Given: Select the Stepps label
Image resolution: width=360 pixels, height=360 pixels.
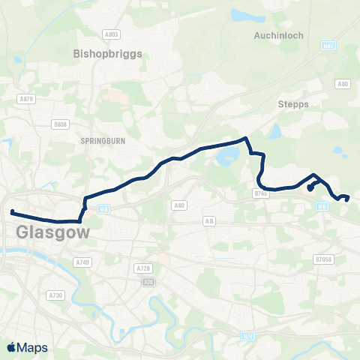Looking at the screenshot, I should (293, 104).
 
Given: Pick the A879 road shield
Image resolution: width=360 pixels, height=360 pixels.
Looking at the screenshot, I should (26, 98).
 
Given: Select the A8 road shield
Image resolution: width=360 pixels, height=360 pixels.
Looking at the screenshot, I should (209, 221).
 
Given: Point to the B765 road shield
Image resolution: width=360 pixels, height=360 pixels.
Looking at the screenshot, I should (261, 193).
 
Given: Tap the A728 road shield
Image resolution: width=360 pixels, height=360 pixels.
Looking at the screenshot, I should (142, 268).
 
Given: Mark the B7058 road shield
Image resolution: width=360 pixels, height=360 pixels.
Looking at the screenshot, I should (323, 259).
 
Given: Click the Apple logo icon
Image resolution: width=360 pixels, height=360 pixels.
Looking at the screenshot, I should (11, 347).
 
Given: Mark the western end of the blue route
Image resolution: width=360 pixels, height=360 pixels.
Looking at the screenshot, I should (12, 212).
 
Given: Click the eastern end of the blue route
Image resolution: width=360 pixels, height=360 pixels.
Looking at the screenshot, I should (348, 197).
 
